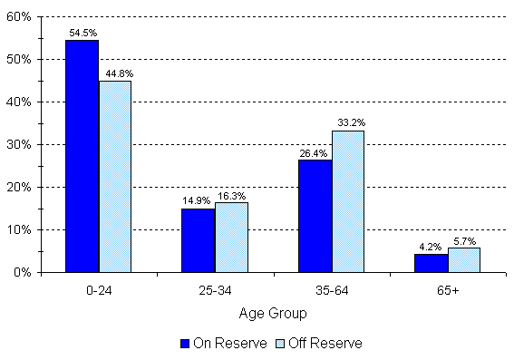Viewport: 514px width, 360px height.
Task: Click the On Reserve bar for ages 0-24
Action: click(82, 156)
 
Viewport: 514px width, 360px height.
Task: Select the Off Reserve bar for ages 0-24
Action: click(115, 176)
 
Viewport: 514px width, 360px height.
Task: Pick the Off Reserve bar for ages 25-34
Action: click(231, 237)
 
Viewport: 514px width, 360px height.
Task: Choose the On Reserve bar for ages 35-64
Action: click(315, 215)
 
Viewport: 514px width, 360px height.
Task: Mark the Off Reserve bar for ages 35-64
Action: click(347, 201)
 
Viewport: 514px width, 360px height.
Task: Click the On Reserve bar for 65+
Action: click(431, 262)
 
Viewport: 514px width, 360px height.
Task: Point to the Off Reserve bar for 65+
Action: click(463, 259)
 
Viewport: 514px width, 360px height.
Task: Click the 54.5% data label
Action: click(82, 33)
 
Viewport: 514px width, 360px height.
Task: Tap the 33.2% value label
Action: click(348, 123)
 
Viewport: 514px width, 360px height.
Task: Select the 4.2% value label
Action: click(431, 247)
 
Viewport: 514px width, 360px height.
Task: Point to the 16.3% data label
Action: click(232, 196)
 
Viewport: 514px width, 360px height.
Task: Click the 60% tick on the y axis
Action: click(20, 17)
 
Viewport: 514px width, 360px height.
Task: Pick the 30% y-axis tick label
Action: click(20, 145)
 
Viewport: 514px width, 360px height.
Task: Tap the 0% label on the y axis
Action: click(24, 272)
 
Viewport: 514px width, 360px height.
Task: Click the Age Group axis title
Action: click(272, 314)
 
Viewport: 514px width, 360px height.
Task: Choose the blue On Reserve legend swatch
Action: click(186, 344)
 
